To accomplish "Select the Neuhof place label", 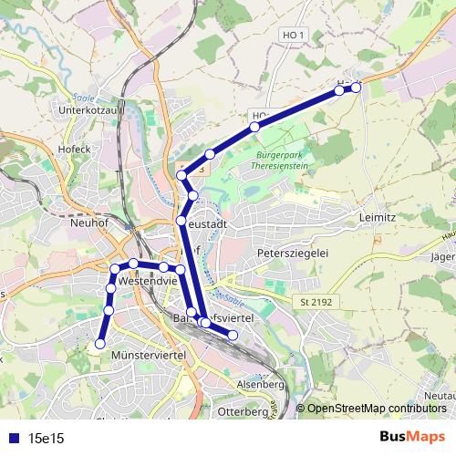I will click(x=90, y=221).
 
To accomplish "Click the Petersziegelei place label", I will click(x=291, y=252).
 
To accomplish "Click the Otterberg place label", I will click(x=243, y=412).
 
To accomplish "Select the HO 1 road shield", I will click(x=291, y=33).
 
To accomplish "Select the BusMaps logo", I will click(x=411, y=437).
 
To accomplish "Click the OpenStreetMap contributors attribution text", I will click(x=376, y=409).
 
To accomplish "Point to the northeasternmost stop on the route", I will click(x=357, y=87).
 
